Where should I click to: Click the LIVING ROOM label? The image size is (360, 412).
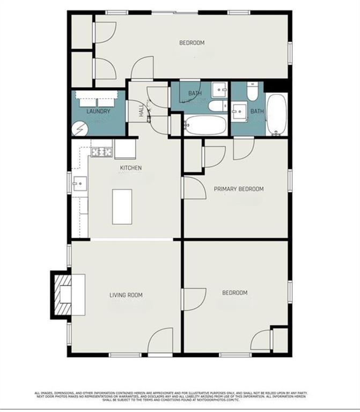point(126,295)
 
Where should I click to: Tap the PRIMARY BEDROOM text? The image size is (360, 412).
point(239,189)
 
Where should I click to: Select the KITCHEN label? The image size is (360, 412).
point(130,168)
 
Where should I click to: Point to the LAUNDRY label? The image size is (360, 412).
point(98,112)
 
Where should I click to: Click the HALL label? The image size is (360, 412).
point(141,111)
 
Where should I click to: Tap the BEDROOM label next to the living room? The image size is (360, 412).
point(235,292)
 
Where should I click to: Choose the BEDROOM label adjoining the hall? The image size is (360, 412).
point(192,43)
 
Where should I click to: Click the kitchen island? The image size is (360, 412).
point(122,206)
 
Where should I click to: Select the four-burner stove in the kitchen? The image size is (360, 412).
point(101,152)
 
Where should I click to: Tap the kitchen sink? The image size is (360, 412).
point(79,183)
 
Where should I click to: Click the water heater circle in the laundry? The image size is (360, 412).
point(79,129)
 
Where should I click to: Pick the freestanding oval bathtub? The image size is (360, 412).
point(277,114)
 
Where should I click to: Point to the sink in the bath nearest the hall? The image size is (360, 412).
point(219,90)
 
